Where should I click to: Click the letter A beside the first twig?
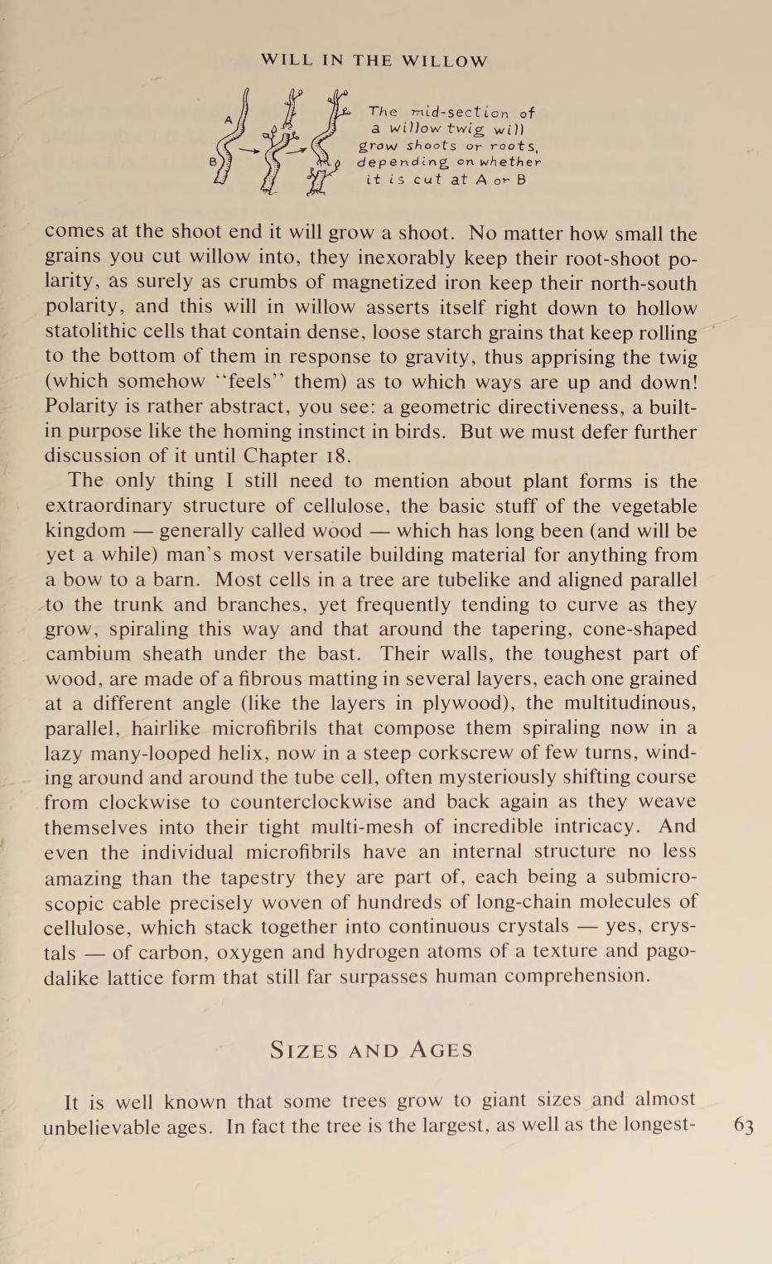229,119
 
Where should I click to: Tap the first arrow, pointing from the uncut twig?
250,150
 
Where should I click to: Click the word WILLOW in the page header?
445,61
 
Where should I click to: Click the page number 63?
744,1126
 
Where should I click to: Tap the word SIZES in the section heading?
304,1050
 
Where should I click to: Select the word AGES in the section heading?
441,1050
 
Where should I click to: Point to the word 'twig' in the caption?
465,129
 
